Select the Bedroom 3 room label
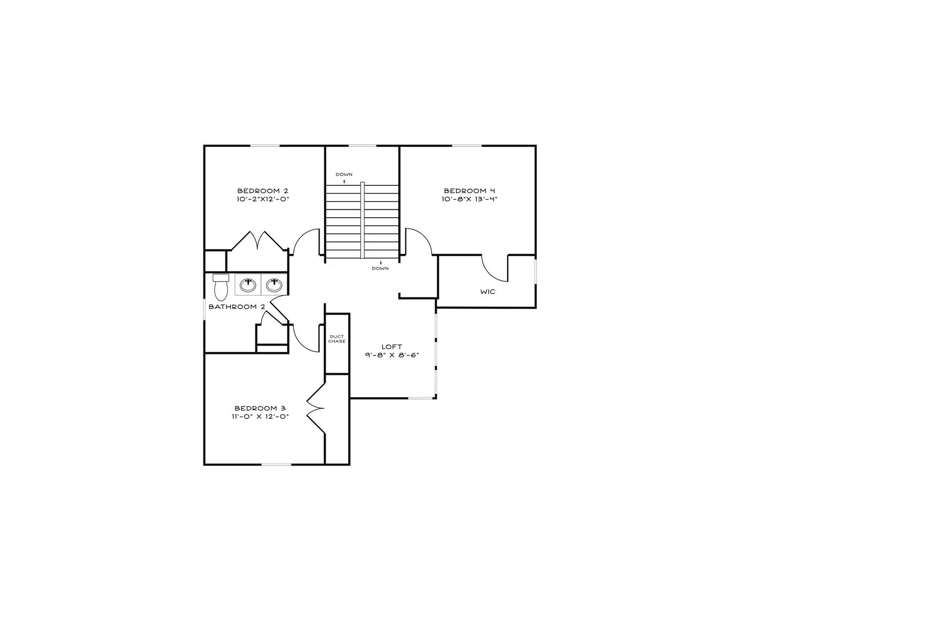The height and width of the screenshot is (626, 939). pyautogui.click(x=260, y=408)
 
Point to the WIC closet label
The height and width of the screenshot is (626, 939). pyautogui.click(x=488, y=292)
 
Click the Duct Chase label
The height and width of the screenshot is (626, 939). pyautogui.click(x=336, y=339)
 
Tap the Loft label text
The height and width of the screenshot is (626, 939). pyautogui.click(x=392, y=347)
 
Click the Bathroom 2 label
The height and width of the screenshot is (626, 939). pyautogui.click(x=237, y=307)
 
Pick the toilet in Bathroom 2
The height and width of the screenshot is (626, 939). pyautogui.click(x=221, y=287)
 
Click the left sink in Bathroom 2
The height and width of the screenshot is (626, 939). pyautogui.click(x=248, y=285)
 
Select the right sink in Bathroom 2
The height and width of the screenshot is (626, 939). pyautogui.click(x=274, y=285)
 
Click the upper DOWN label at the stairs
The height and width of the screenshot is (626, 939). pyautogui.click(x=344, y=175)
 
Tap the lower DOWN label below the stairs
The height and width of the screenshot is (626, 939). pyautogui.click(x=380, y=268)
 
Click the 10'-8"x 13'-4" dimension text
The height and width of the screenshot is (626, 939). pyautogui.click(x=469, y=200)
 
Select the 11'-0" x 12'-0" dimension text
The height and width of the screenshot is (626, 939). pyautogui.click(x=260, y=417)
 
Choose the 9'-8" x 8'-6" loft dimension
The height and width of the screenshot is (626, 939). pyautogui.click(x=392, y=356)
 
